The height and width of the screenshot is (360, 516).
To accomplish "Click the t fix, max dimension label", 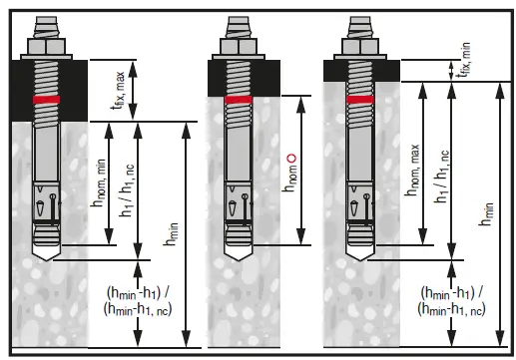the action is point(119,91).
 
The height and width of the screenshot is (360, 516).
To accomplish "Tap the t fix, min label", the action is point(464,60).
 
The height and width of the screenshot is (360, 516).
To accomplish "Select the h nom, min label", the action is point(100,182).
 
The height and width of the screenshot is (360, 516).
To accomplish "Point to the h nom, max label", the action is point(412,170).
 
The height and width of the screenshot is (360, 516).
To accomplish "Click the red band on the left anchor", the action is point(46,100).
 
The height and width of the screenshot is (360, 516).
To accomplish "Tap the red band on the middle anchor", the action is point(239,100).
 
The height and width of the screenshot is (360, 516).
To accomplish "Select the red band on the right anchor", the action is point(360,100).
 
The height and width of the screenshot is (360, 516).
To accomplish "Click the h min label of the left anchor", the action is point(172,234).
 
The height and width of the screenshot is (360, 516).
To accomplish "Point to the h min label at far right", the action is point(486,214).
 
